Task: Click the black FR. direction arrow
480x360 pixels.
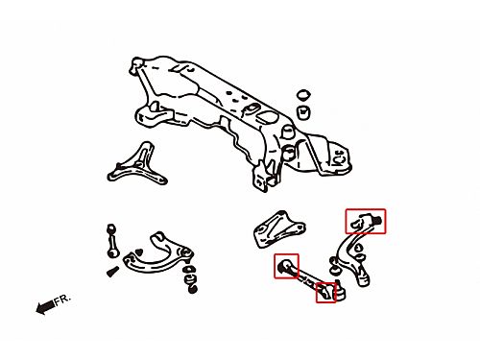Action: coord(45,307)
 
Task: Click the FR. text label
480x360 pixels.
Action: coord(61,300)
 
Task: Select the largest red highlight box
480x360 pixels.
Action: coord(366,221)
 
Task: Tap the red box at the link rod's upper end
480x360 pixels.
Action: coord(286,266)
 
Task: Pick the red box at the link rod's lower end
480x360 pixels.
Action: coord(326,293)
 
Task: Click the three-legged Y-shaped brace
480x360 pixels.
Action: coord(136,166)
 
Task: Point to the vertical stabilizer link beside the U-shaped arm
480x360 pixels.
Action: coord(111,241)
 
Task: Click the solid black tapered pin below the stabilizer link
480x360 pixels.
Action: coord(112,272)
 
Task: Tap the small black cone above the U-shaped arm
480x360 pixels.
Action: coord(139,252)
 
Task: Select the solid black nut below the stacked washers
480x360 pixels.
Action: coord(192,289)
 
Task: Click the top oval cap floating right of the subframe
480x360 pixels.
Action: coord(304,95)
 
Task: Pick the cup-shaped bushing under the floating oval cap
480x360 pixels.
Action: coord(303,112)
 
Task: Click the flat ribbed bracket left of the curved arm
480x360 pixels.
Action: coord(278,229)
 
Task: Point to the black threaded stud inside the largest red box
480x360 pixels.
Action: coord(378,220)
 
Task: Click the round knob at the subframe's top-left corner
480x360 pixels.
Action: coord(136,63)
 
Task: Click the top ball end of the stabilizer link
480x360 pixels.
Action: coord(111,228)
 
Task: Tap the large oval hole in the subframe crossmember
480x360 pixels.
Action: coord(268,117)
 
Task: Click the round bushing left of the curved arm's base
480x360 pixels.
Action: coord(334,271)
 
